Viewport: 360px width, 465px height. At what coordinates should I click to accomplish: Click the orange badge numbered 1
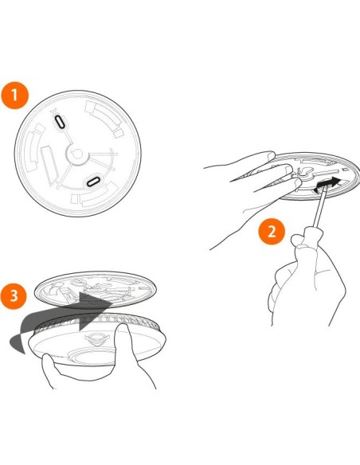14,96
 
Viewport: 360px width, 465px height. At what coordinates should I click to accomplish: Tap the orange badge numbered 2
272,231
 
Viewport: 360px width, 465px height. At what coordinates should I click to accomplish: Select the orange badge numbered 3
14,295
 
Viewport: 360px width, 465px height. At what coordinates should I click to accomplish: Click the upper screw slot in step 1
60,122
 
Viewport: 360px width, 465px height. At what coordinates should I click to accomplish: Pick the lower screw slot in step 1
94,182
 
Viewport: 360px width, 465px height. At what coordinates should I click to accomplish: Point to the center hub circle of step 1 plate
77,154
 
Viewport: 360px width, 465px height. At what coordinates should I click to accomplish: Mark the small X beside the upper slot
53,111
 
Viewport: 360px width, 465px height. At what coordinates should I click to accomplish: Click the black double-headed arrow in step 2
327,184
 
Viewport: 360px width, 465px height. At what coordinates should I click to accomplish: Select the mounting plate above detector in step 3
95,290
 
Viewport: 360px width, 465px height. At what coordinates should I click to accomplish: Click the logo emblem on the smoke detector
96,338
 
